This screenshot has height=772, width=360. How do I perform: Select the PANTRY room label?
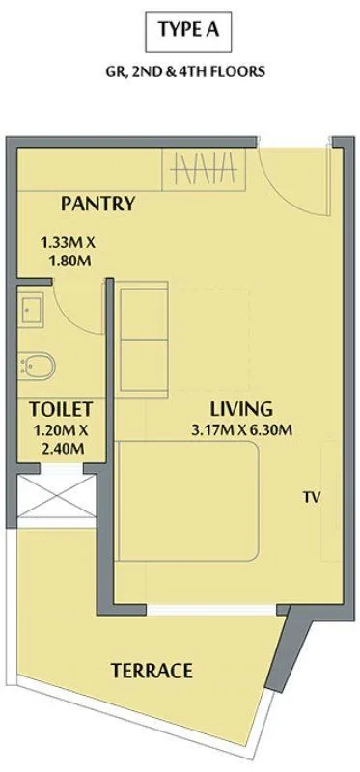pos(97,204)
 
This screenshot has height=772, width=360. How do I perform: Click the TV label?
pos(310,498)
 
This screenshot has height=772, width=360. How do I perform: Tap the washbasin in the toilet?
pos(32,310)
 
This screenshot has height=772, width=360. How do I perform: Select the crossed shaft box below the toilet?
pos(58,498)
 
